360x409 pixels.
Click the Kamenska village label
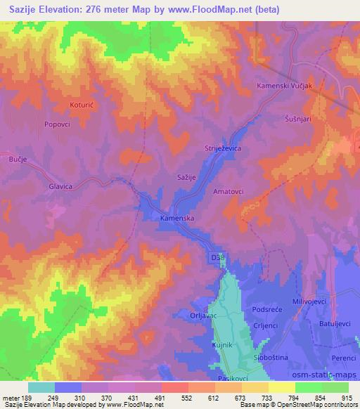click(x=176, y=219)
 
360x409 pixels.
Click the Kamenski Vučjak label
click(x=284, y=86)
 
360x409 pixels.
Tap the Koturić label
click(x=82, y=105)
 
